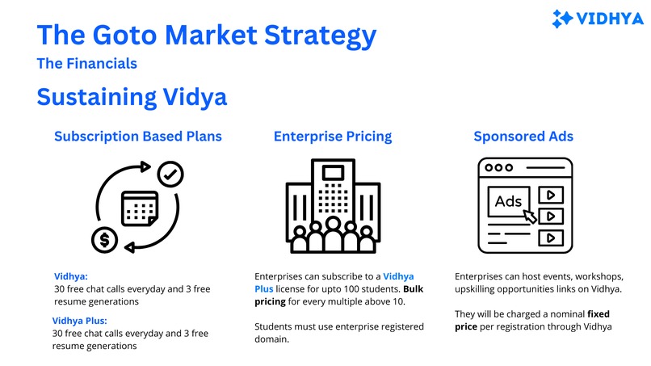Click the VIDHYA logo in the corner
597,18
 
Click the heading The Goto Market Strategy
207,36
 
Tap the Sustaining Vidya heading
132,97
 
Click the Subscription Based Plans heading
138,137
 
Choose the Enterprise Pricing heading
333,137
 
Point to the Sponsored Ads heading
523,137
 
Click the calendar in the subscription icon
138,208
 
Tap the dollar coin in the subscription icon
103,239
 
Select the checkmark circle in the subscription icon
170,172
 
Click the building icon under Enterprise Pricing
333,206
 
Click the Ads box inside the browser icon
508,201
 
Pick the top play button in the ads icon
550,195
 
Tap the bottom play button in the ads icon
550,238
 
